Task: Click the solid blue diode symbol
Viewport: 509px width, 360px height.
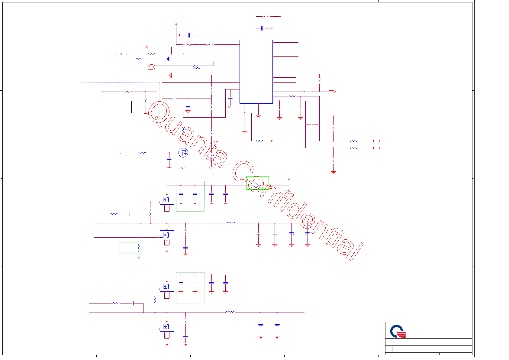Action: [x=168, y=59]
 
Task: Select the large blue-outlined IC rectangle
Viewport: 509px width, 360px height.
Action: [x=256, y=72]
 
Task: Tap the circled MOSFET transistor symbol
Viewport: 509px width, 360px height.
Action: [x=183, y=153]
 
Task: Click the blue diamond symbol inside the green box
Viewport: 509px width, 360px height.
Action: [x=256, y=185]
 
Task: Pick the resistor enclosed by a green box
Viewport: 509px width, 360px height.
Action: [x=139, y=248]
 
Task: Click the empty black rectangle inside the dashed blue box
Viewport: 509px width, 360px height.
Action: [x=116, y=107]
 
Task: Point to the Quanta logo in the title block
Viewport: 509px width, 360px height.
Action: [x=398, y=331]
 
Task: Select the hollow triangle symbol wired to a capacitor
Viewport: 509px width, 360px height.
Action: [x=170, y=75]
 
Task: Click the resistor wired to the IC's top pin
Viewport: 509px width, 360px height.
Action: [x=267, y=16]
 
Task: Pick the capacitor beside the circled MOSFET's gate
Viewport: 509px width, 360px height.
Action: [x=169, y=159]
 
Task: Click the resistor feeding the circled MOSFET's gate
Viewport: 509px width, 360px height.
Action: [x=142, y=153]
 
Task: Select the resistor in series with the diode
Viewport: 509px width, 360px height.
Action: [x=140, y=59]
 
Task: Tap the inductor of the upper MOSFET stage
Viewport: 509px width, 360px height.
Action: [x=230, y=223]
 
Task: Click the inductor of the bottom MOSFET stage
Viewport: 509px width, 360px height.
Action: [x=230, y=312]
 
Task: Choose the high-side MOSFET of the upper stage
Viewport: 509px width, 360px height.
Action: [x=167, y=200]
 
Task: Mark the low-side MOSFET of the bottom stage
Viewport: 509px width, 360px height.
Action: [x=167, y=326]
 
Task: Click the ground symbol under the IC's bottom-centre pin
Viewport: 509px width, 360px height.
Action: [x=258, y=115]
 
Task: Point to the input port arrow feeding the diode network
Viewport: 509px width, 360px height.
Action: [x=118, y=54]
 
